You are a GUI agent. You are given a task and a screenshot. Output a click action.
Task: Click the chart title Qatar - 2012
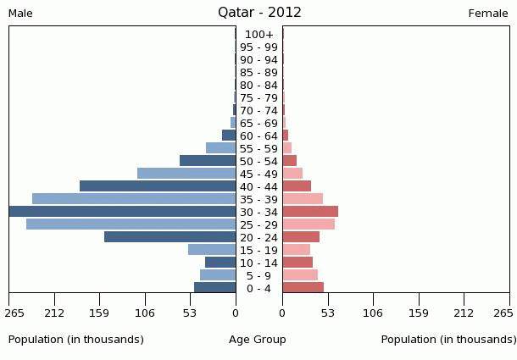[259, 13]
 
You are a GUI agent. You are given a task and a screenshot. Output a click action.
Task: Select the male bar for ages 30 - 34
[123, 211]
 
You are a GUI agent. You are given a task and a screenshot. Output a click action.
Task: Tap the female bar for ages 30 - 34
[310, 211]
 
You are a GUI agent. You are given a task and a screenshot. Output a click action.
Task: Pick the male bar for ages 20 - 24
[170, 236]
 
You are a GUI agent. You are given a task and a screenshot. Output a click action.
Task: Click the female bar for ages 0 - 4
[303, 287]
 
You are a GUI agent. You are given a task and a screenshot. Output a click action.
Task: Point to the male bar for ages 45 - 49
[186, 173]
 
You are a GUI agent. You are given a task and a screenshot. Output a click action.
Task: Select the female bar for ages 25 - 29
[309, 224]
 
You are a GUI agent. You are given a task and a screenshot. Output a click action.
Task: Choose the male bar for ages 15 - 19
[212, 249]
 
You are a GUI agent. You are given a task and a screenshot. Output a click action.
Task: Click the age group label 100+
[258, 35]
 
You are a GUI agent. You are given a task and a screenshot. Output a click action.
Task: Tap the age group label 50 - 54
[258, 161]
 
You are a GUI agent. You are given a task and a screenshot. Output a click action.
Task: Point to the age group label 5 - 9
[258, 275]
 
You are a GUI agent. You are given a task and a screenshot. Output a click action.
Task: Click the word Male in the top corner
[20, 14]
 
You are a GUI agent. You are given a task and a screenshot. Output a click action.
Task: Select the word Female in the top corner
[488, 14]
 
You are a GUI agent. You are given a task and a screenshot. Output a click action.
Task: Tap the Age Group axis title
[258, 340]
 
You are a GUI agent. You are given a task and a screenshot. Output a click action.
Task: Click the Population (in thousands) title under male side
[76, 340]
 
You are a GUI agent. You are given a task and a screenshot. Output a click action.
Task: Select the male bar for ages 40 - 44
[158, 186]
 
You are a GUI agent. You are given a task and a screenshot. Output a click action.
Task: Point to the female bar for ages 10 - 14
[297, 262]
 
